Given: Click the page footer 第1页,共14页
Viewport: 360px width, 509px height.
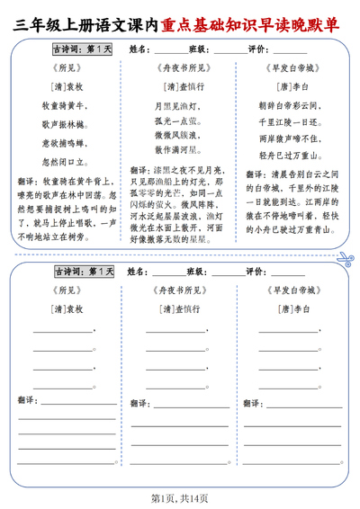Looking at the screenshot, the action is tap(180, 497).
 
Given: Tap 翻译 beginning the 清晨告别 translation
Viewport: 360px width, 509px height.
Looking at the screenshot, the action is tap(255, 177).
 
